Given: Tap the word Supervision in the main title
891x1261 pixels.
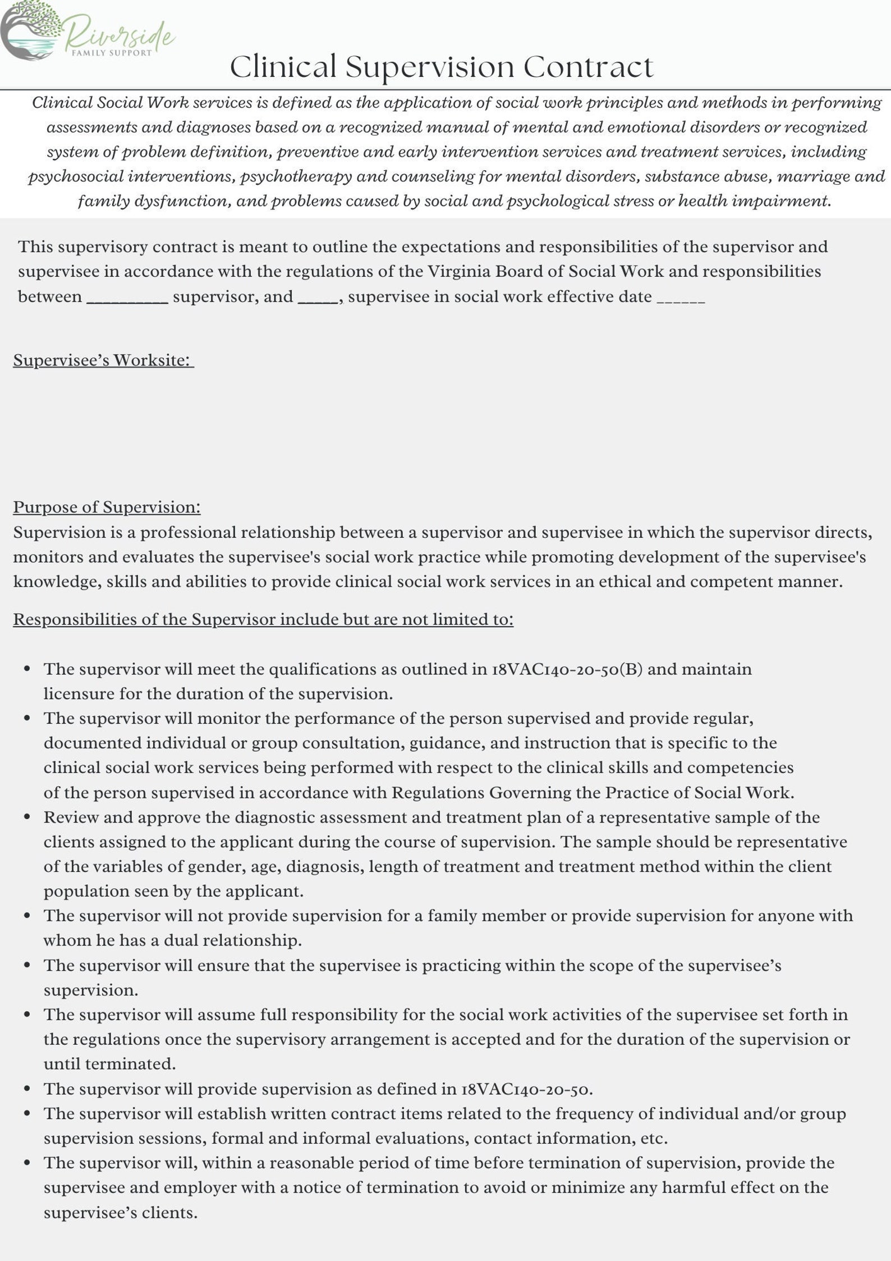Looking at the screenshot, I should point(429,67).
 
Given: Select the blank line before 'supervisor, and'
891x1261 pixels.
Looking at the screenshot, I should point(127,301).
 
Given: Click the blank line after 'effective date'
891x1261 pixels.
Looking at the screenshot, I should point(681,301).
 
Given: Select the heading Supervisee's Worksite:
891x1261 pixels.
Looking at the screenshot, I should point(103,360).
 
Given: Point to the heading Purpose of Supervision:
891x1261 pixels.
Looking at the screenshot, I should point(107,507).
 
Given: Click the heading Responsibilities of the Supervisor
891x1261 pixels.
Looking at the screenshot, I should point(263,619).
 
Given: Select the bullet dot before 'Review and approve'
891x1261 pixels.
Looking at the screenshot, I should point(27,817).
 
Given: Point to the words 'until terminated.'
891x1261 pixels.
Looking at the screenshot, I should point(110,1064).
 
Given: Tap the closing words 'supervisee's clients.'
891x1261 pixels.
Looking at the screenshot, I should point(121,1212).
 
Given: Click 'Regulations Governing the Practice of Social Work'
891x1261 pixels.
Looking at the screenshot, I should point(593,793).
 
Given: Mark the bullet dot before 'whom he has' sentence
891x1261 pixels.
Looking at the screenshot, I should point(27,916).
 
